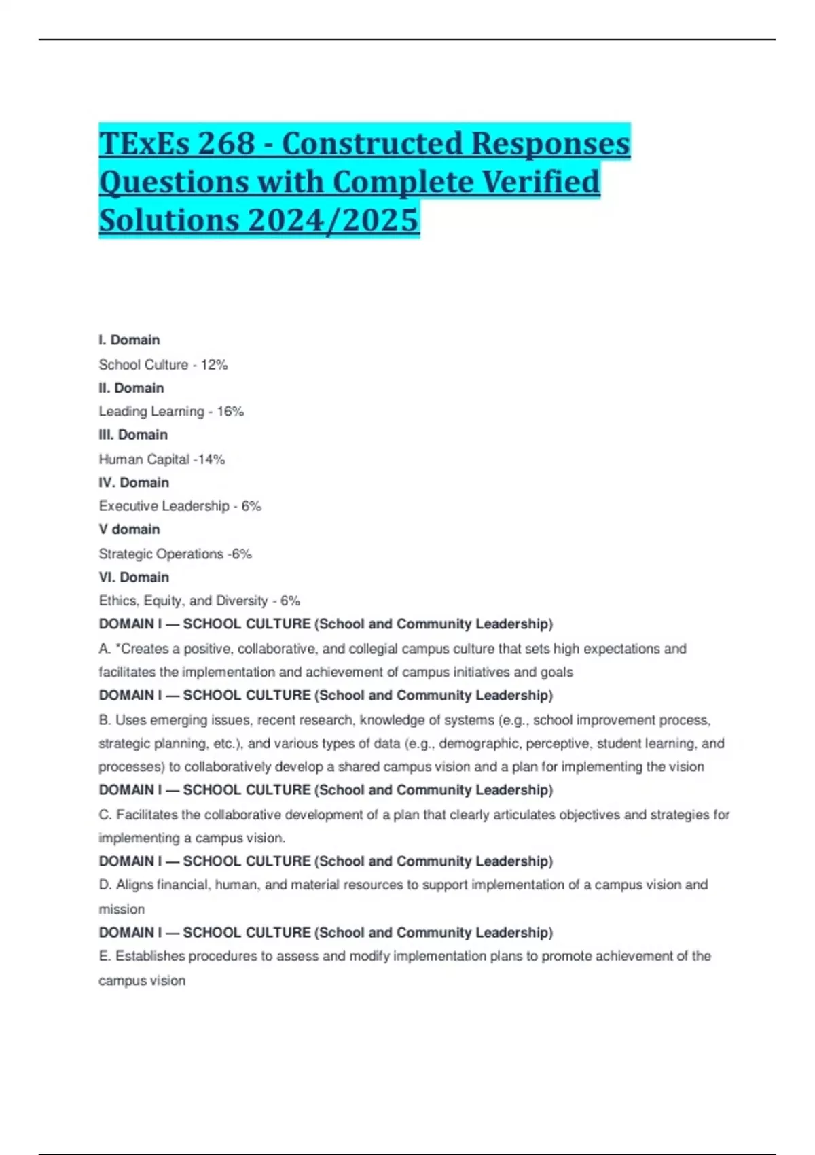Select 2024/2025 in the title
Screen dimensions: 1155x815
pos(333,220)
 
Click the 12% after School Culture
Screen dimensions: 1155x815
pos(214,365)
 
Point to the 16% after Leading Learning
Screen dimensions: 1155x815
pos(230,412)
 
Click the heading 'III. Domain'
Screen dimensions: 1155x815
pos(133,435)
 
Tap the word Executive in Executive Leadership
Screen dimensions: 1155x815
pos(126,506)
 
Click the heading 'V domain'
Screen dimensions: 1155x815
pos(129,529)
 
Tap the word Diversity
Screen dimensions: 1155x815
pos(242,601)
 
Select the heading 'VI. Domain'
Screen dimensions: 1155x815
pos(134,577)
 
